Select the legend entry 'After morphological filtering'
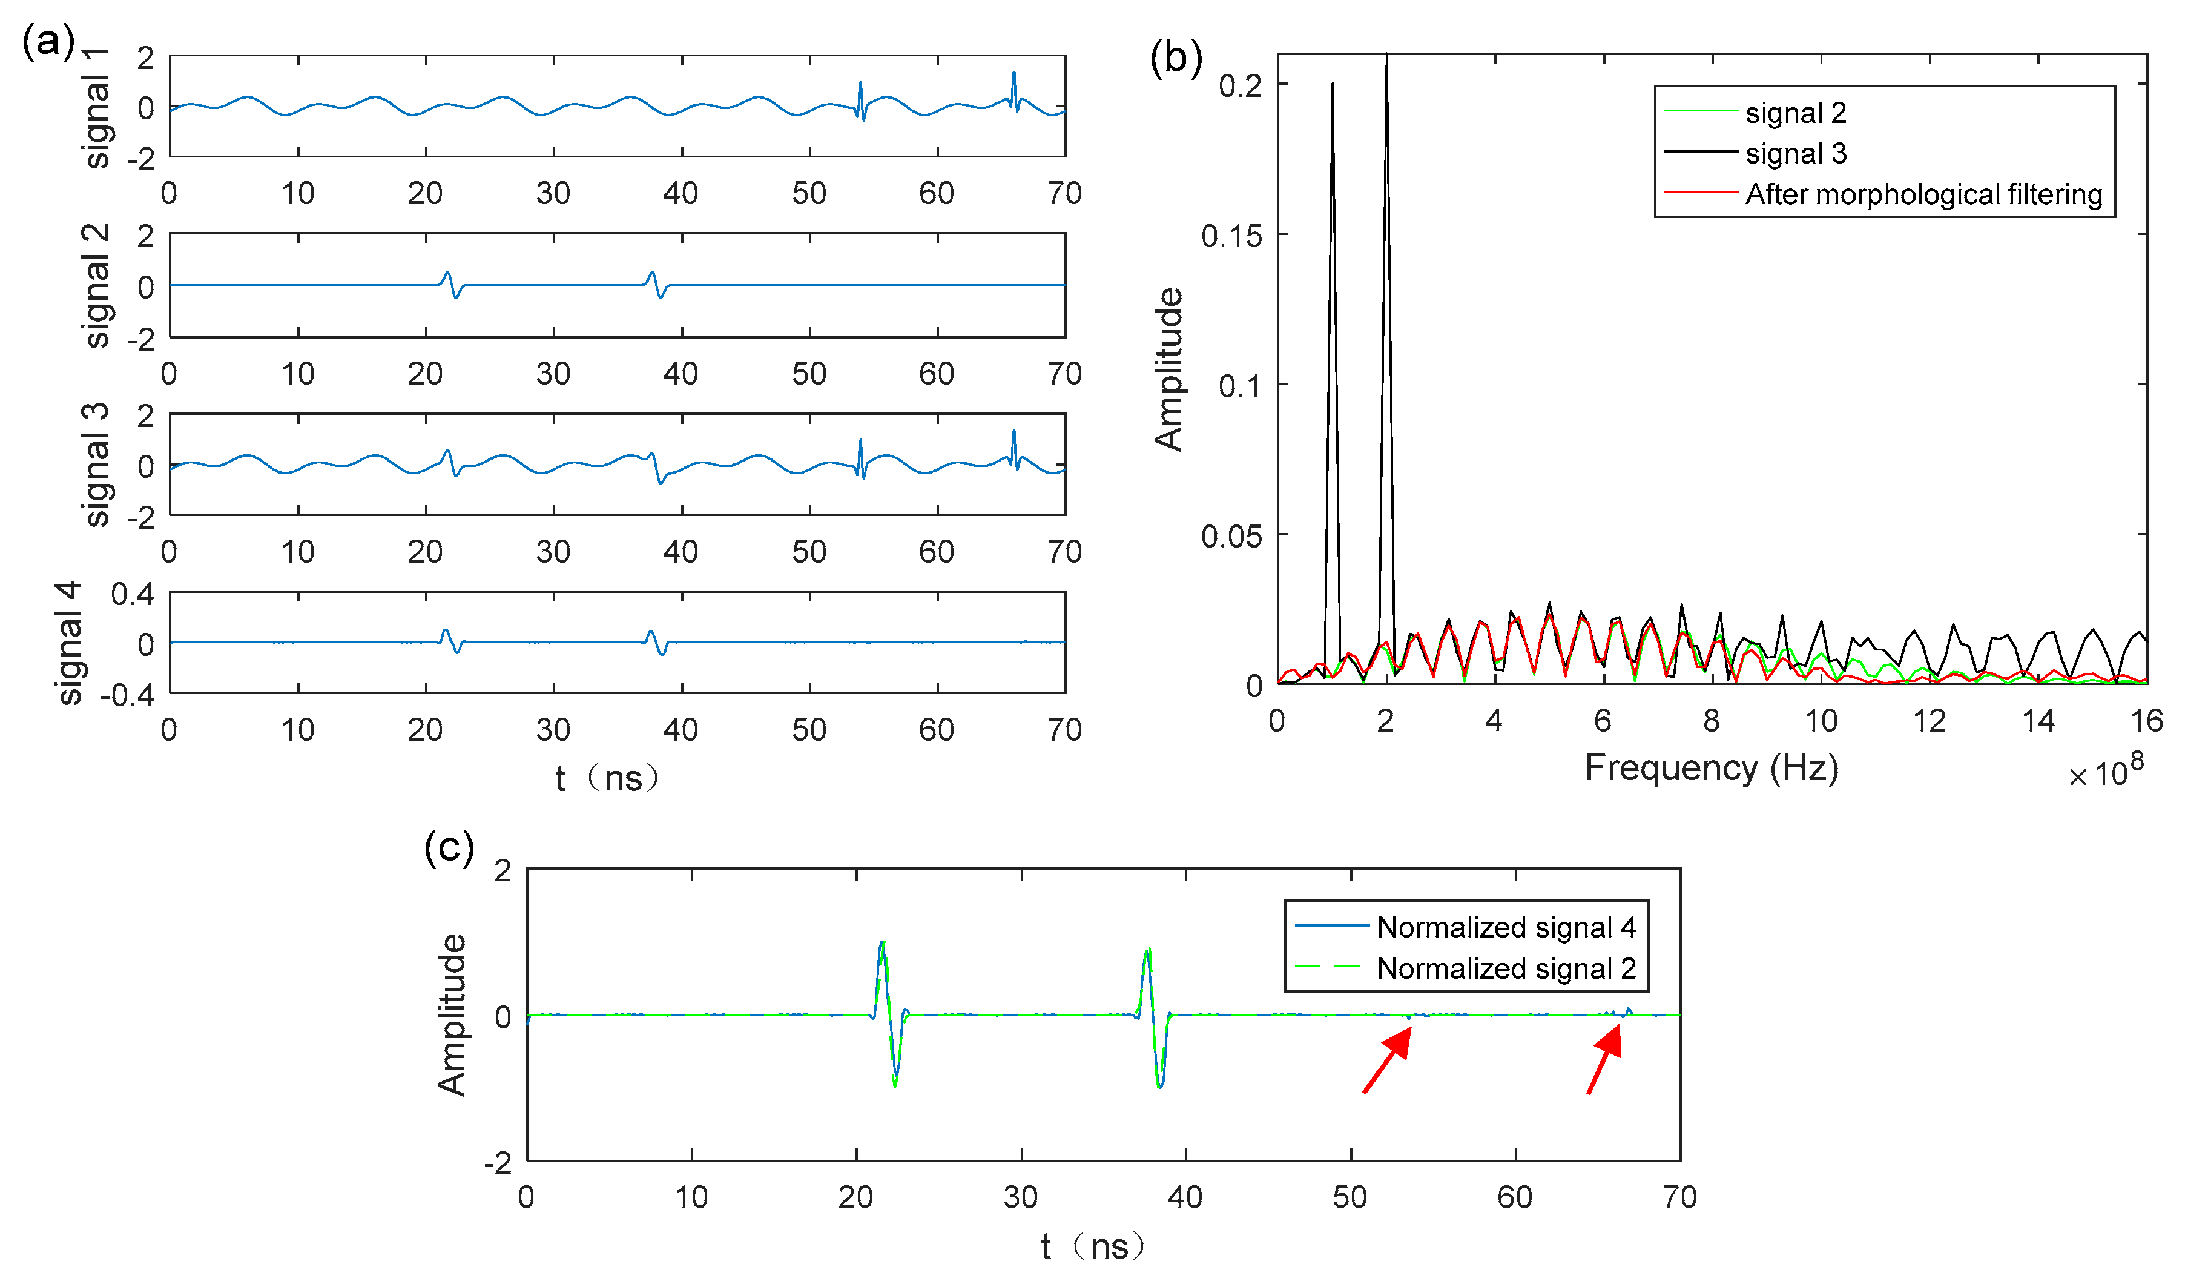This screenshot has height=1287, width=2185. tap(1923, 194)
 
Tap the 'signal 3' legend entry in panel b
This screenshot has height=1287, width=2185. tap(1795, 153)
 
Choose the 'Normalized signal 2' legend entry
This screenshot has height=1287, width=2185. tap(1505, 968)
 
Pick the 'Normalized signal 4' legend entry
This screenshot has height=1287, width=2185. tap(1505, 927)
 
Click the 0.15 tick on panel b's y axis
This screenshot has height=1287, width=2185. tap(1231, 236)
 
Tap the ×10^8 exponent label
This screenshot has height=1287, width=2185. tap(2105, 770)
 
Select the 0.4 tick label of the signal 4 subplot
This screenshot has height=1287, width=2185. tap(132, 595)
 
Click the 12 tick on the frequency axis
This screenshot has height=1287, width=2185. tap(1930, 721)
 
